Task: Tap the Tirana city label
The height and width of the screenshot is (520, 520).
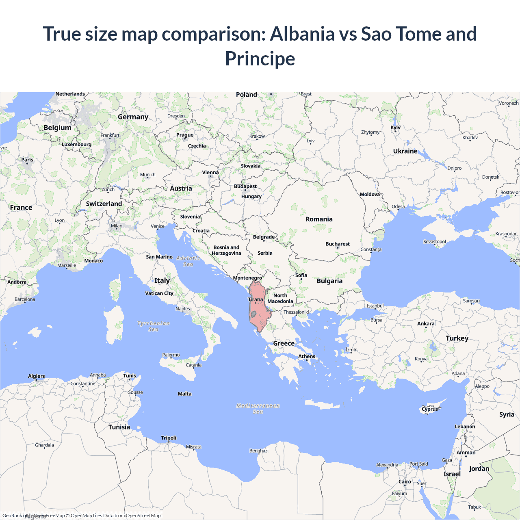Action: point(256,299)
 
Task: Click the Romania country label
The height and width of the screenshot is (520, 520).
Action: point(319,219)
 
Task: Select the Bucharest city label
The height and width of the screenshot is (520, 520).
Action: point(337,244)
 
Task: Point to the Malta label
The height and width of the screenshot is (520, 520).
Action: point(184,394)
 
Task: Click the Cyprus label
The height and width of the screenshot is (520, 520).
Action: point(430,409)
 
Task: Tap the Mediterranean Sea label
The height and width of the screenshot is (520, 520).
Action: point(258,409)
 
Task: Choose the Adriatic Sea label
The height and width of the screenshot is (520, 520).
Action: point(188,261)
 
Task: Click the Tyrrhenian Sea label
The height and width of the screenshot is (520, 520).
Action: point(153,326)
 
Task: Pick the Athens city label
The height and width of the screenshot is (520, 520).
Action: point(307,356)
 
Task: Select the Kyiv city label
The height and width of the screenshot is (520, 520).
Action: point(395,128)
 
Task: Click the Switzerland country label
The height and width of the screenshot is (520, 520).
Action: point(104,204)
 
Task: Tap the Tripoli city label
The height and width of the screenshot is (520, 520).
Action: point(169,438)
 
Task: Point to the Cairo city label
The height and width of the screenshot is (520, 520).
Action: point(405,481)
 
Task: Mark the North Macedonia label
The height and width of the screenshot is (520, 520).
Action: point(280,298)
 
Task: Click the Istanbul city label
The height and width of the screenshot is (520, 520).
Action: point(375,305)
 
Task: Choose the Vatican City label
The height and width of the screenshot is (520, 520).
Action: point(159,293)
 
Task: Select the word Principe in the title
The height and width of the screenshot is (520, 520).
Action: point(260,58)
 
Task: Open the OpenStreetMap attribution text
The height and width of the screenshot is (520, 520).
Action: point(143,516)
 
